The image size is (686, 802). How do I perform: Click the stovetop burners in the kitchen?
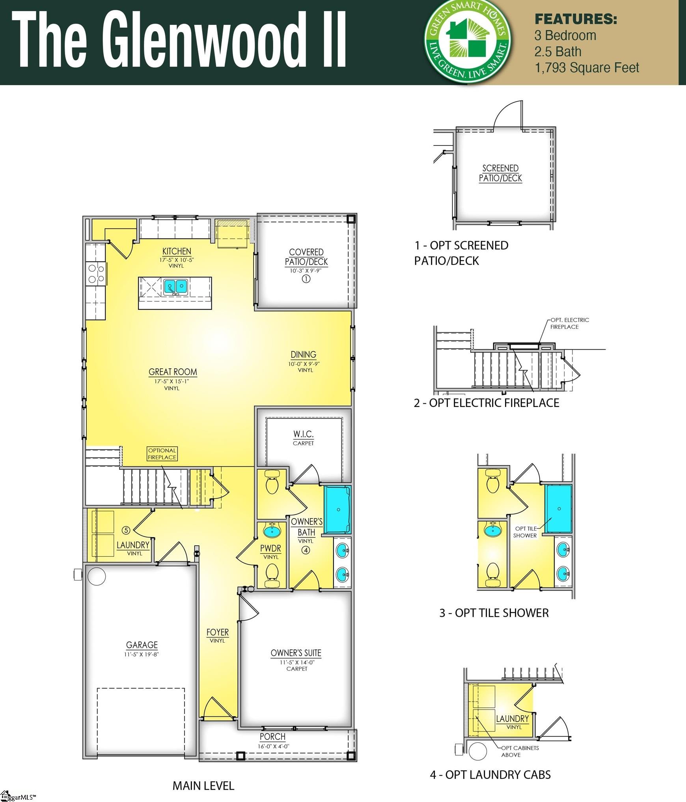point(96,273)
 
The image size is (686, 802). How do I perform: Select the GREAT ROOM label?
point(173,372)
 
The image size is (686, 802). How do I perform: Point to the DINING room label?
point(304,354)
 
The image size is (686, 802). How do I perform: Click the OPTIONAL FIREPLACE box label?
point(162,454)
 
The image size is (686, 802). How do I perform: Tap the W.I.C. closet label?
point(303,434)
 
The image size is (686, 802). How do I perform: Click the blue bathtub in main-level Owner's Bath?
point(337,510)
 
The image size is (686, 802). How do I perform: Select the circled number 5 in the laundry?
point(126,530)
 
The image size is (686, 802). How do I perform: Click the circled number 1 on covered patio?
point(306,279)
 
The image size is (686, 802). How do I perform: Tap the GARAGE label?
point(142,645)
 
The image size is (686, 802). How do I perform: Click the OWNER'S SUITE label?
point(296,653)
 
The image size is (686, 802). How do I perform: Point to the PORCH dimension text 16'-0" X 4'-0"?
point(273,746)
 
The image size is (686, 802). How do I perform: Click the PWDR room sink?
point(271,530)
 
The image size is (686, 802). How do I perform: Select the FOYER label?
point(218,632)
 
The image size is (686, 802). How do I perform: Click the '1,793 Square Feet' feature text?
point(587,68)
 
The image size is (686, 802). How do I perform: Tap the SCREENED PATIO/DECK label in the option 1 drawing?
point(500,173)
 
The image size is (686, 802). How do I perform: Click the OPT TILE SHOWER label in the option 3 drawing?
point(525,532)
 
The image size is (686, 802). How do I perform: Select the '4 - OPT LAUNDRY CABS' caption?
point(490,775)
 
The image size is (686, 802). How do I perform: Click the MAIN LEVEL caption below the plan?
point(203,786)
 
